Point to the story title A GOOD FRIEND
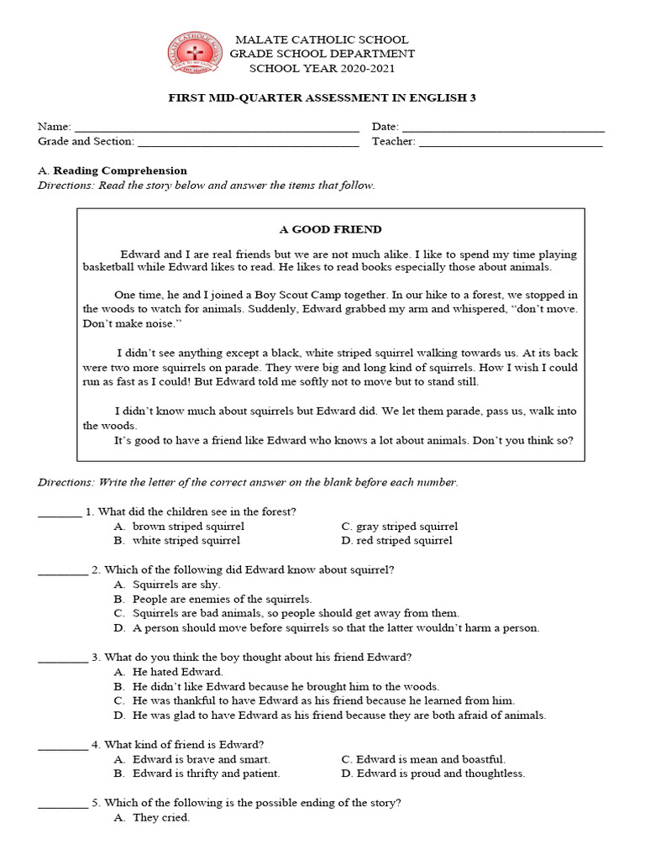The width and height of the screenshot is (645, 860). (330, 229)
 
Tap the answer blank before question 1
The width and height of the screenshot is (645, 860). (60, 514)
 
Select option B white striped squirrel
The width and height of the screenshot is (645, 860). (186, 541)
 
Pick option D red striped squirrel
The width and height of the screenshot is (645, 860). (404, 541)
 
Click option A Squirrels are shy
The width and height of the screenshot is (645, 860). (176, 585)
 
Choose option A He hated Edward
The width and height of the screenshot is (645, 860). (177, 672)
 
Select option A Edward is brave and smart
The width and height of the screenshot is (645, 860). (201, 759)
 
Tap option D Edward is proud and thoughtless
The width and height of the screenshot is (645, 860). (440, 773)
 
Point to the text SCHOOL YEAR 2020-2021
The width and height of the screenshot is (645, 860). (322, 68)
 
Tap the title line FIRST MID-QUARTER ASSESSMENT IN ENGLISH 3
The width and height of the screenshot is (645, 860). (322, 98)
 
